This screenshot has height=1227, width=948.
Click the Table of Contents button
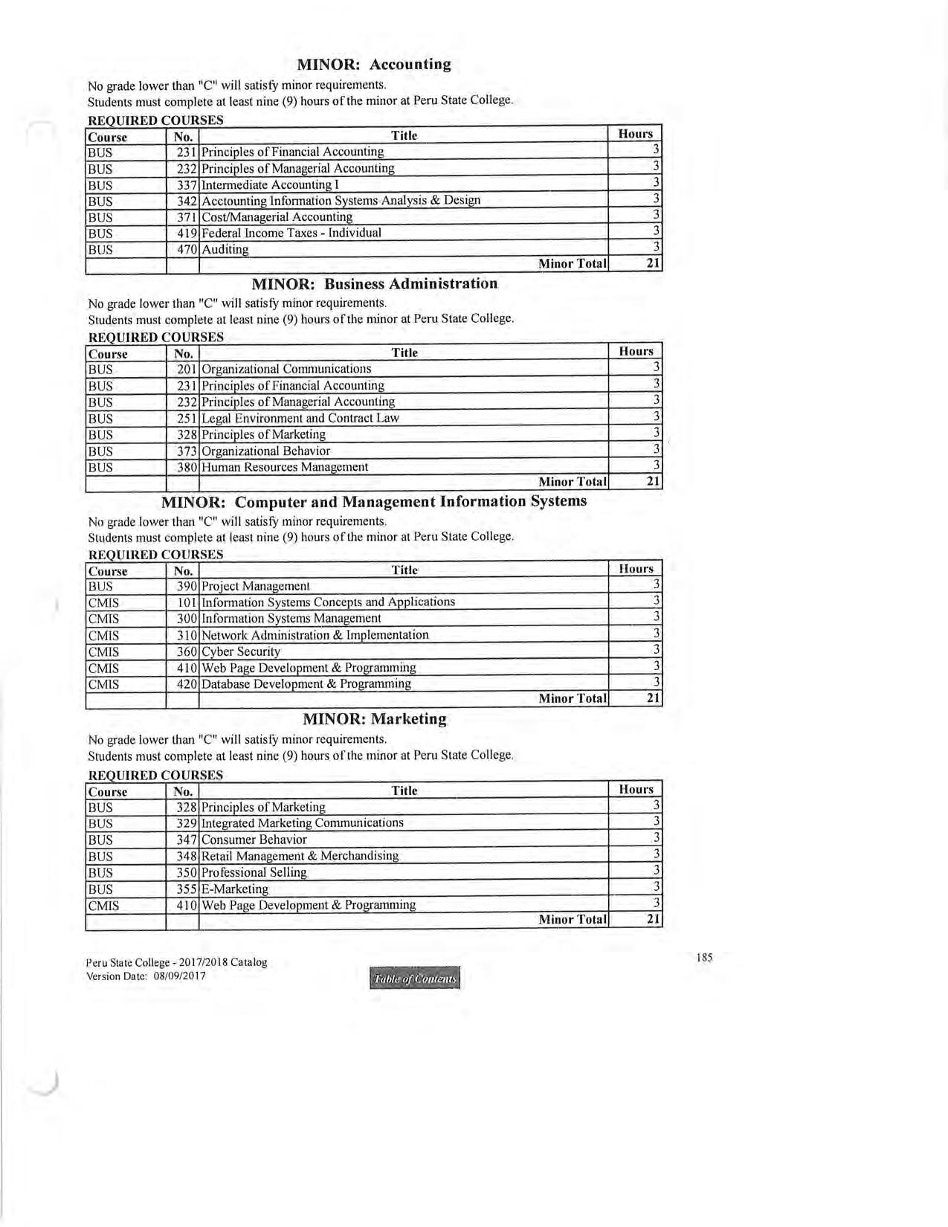[x=415, y=979]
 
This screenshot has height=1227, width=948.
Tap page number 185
[x=704, y=957]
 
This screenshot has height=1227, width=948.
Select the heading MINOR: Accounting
[x=374, y=64]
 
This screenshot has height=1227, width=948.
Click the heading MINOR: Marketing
[x=375, y=719]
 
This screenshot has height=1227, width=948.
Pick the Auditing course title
[x=225, y=249]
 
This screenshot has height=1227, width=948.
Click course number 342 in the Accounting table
[x=186, y=201]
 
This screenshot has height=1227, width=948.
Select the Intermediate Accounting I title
[x=270, y=184]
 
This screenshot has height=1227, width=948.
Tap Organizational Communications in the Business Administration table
[x=286, y=369]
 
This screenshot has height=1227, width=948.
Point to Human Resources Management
[x=285, y=467]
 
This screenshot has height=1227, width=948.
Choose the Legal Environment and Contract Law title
[x=300, y=418]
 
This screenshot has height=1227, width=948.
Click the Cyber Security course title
[x=241, y=651]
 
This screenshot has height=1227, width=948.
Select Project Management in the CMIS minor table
[x=255, y=586]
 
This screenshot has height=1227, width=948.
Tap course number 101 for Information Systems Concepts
[x=187, y=602]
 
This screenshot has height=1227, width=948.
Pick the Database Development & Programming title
[x=306, y=683]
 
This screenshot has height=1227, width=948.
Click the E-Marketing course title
[x=235, y=889]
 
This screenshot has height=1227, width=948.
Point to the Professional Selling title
[x=254, y=872]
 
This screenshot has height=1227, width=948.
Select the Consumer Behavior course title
[x=254, y=840]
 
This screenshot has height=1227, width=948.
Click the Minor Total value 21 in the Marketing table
[x=653, y=920]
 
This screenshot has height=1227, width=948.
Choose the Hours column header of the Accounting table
[x=635, y=134]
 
